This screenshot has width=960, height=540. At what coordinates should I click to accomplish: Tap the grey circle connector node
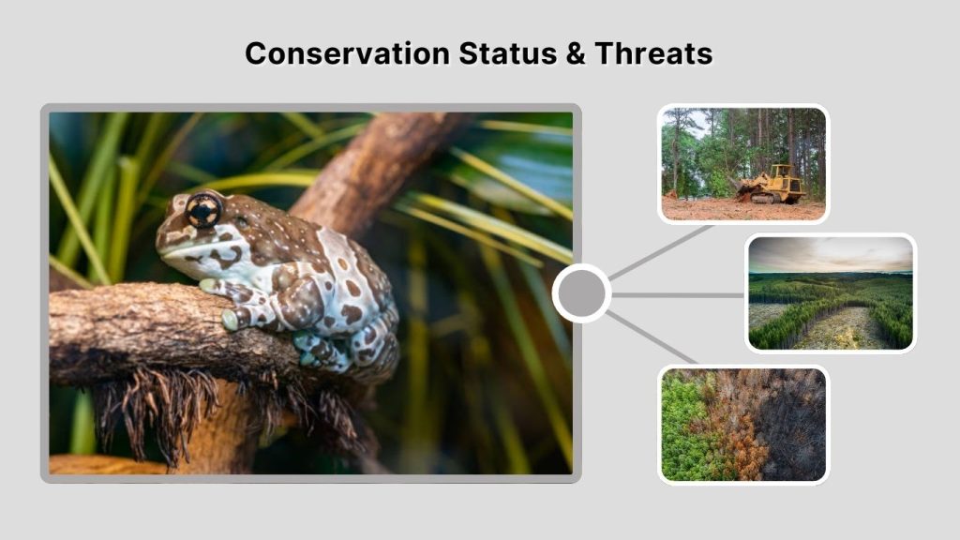581,293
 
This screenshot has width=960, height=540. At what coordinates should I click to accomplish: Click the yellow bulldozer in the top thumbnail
772,184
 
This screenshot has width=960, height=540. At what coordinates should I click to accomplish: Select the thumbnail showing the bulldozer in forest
742,164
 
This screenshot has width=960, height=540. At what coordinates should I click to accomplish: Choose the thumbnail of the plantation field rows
830,293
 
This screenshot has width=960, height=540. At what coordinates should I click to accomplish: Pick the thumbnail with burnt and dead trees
742,424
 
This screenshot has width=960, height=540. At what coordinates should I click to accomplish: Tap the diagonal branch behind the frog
375,169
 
